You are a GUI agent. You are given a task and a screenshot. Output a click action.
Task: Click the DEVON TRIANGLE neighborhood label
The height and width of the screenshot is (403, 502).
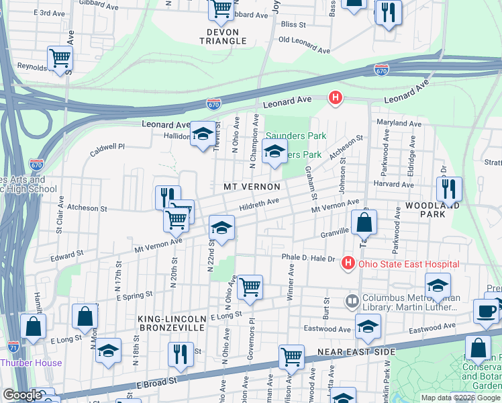click(223, 36)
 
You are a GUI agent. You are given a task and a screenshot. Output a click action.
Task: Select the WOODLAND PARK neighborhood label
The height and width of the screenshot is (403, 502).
click(434, 208)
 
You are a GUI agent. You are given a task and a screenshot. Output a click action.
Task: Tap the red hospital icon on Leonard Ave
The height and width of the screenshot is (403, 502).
click(336, 99)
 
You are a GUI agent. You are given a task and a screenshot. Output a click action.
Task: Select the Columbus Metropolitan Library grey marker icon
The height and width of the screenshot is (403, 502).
click(352, 300)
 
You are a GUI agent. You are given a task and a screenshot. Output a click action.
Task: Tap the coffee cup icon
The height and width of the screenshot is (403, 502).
click(486, 310)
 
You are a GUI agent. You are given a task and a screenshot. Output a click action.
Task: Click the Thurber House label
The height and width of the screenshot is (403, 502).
click(31, 363)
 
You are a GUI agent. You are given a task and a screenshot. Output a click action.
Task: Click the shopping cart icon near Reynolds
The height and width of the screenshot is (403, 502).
click(60, 58)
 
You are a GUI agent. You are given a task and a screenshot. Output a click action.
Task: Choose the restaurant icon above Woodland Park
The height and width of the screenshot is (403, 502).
click(449, 188)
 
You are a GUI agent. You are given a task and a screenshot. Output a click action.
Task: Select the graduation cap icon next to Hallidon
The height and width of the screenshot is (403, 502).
click(202, 134)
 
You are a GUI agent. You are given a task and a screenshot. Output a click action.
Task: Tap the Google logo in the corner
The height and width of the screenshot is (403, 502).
click(22, 396)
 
